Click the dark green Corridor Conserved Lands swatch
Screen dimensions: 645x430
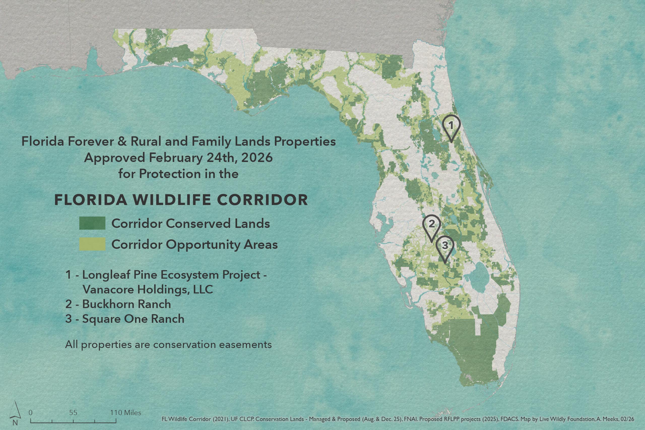tap(92, 223)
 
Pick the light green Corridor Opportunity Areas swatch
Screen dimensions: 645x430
tap(92, 244)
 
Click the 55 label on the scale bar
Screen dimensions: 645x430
tap(73, 413)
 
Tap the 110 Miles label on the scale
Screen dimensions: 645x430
tap(126, 413)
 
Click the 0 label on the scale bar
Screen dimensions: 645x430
tap(30, 413)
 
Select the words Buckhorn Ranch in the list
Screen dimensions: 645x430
tap(126, 304)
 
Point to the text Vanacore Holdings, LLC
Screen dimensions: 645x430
tap(148, 290)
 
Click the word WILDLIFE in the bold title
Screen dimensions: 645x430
tap(172, 200)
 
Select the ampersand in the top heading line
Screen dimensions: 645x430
tap(122, 142)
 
